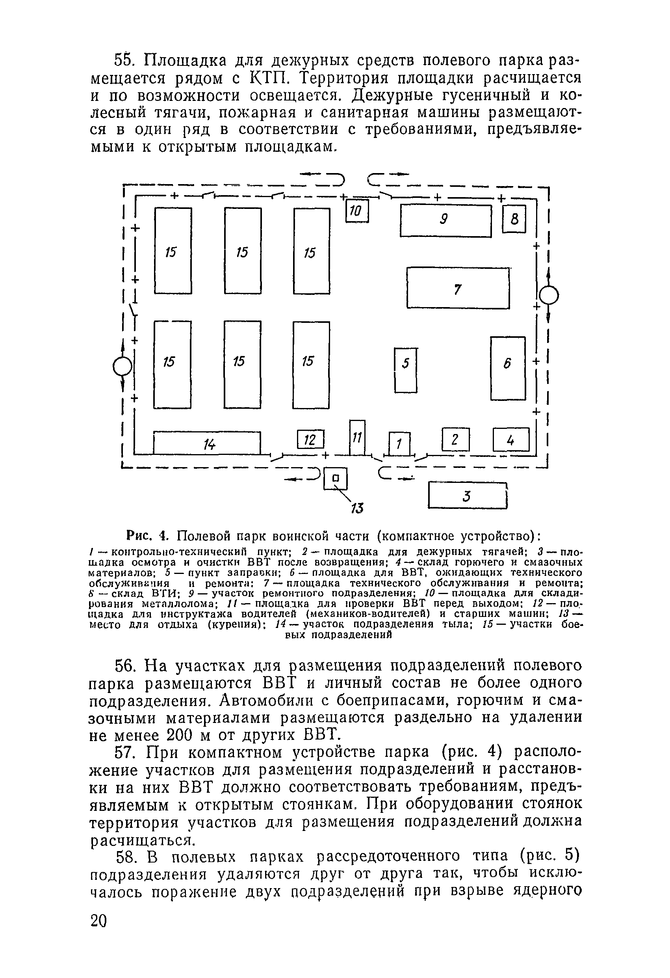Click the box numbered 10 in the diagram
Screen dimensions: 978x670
point(356,211)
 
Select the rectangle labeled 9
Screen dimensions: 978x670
point(445,220)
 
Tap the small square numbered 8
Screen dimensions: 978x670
point(514,219)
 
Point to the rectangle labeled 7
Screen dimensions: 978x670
point(458,289)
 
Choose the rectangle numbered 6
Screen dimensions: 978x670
point(508,368)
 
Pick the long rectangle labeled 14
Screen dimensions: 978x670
point(207,443)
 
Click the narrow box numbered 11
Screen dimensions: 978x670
point(357,437)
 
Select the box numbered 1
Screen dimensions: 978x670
point(399,443)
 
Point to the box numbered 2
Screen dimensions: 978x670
point(455,440)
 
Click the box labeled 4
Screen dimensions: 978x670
point(511,440)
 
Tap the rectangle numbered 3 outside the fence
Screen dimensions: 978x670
point(466,496)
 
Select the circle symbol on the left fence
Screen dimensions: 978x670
point(123,367)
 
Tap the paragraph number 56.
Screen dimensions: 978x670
point(125,666)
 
